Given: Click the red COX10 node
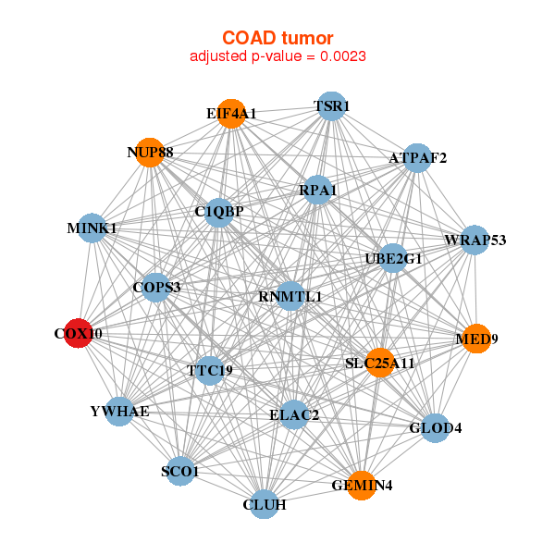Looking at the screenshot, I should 80,333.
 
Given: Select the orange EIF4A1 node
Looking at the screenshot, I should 231,113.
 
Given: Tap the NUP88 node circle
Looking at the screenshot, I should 150,152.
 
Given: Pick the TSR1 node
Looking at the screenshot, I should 330,106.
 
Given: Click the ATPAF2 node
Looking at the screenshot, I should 417,158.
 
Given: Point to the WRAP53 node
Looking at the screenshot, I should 474,240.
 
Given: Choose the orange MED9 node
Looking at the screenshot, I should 475,339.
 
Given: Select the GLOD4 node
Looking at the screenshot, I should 435,428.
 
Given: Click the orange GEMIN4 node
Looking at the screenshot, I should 362,484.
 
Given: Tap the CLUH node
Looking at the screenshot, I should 265,504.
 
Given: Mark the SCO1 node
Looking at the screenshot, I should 180,472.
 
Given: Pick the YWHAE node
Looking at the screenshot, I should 119,411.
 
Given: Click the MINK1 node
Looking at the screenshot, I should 92,228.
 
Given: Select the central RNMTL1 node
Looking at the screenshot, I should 290,296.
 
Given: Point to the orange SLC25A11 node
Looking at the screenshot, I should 379,363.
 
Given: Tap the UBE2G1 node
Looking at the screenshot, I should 393,259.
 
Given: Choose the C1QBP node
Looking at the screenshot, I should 219,212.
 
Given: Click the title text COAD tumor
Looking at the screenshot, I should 277,37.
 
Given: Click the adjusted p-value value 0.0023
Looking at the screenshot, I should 345,56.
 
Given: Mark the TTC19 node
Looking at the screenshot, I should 210,371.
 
